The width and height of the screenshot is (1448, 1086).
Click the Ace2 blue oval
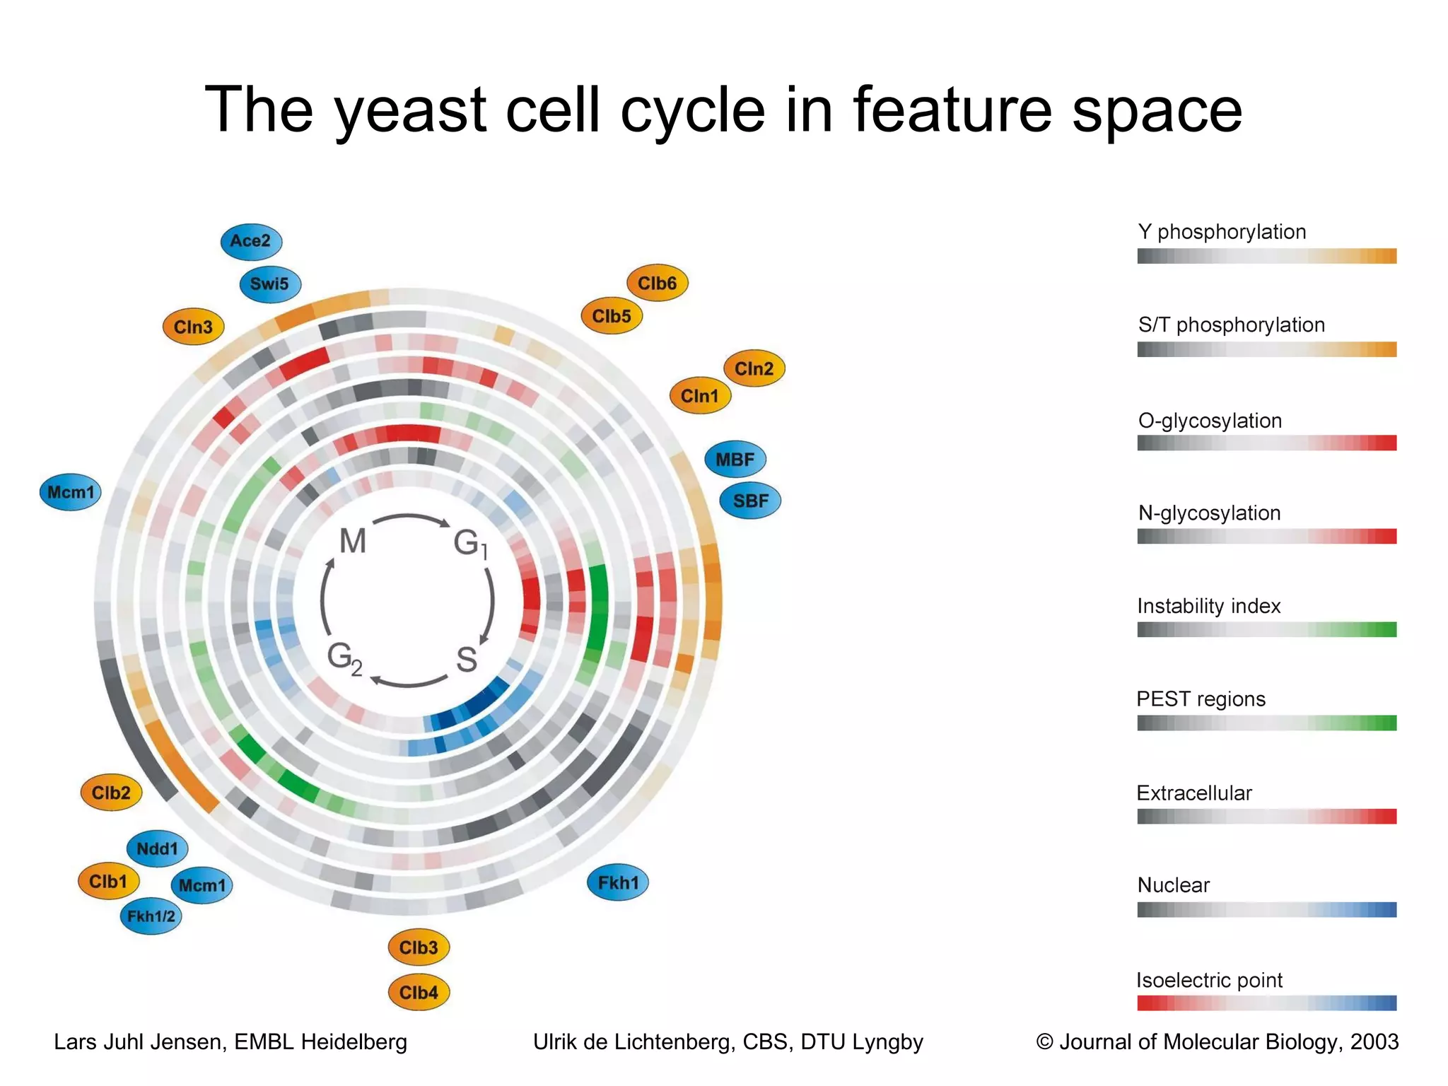tap(251, 241)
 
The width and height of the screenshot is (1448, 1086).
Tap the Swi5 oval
tap(270, 284)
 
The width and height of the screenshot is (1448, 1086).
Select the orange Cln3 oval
tap(193, 327)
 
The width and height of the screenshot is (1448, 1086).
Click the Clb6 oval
tap(658, 284)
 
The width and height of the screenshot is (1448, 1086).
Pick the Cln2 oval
tap(754, 368)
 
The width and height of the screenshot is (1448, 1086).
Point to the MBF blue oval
tap(735, 460)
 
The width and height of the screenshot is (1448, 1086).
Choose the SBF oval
tap(751, 501)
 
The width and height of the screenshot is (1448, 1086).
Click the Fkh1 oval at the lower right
tap(618, 882)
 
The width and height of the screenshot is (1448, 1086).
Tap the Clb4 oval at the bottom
tap(419, 992)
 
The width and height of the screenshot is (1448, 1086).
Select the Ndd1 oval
tap(157, 848)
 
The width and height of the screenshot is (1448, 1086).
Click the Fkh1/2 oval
tap(151, 916)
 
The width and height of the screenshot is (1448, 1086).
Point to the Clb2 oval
tap(111, 793)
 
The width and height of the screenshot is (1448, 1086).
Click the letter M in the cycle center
tap(353, 542)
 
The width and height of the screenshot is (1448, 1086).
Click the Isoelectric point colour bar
tap(1266, 1003)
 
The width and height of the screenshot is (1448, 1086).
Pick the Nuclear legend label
tap(1173, 885)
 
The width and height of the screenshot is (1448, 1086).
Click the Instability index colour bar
tap(1266, 629)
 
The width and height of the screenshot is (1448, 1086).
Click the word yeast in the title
tap(410, 110)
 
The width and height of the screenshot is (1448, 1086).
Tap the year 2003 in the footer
tap(1374, 1041)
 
